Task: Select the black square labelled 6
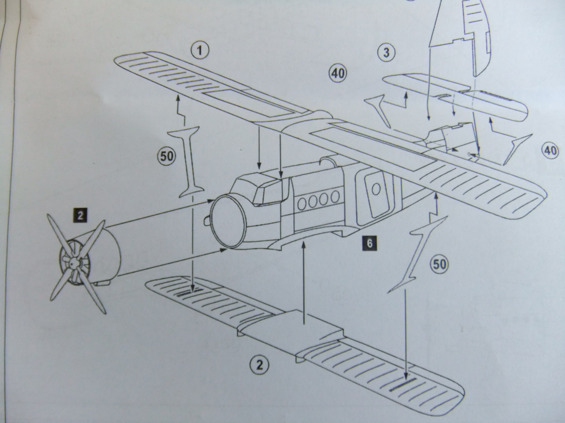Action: click(369, 244)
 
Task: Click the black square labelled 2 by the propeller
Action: click(81, 215)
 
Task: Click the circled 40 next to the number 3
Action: click(338, 74)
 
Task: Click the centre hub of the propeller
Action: click(73, 263)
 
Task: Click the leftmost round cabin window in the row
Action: click(302, 203)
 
